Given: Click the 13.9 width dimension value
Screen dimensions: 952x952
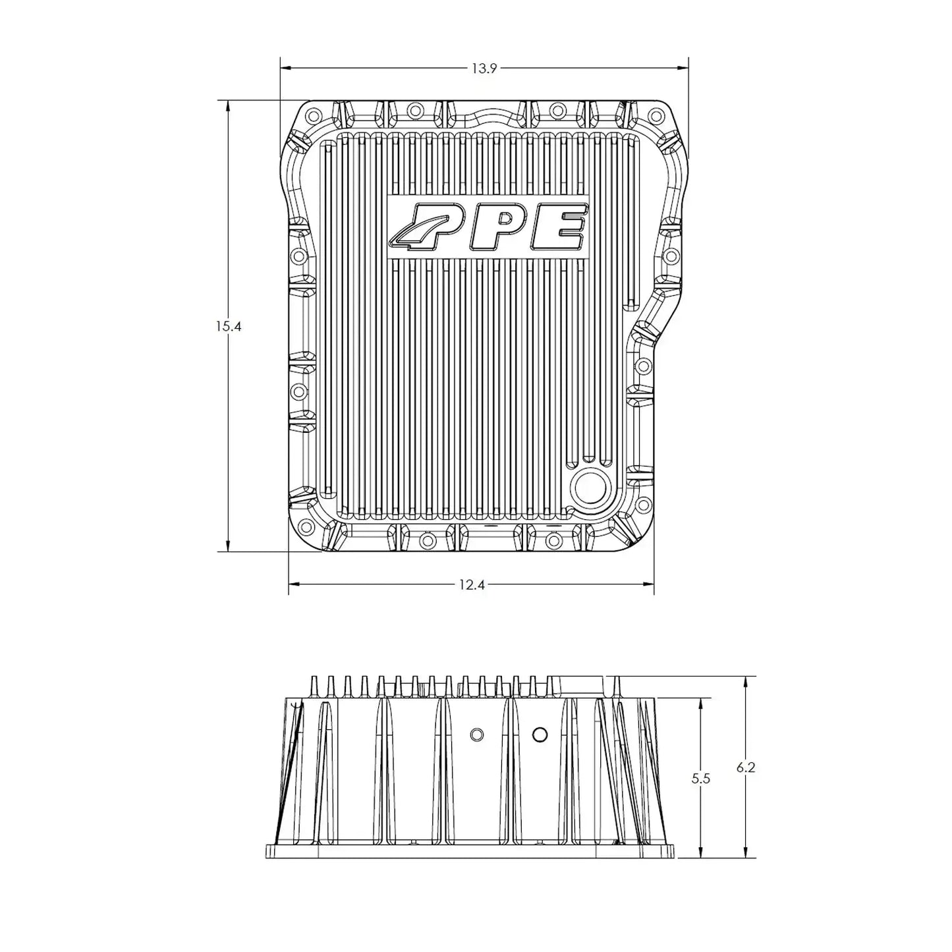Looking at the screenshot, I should click(x=484, y=68).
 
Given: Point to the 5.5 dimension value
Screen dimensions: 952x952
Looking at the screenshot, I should click(x=701, y=778).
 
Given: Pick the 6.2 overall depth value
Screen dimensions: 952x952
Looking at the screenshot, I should click(x=745, y=767).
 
